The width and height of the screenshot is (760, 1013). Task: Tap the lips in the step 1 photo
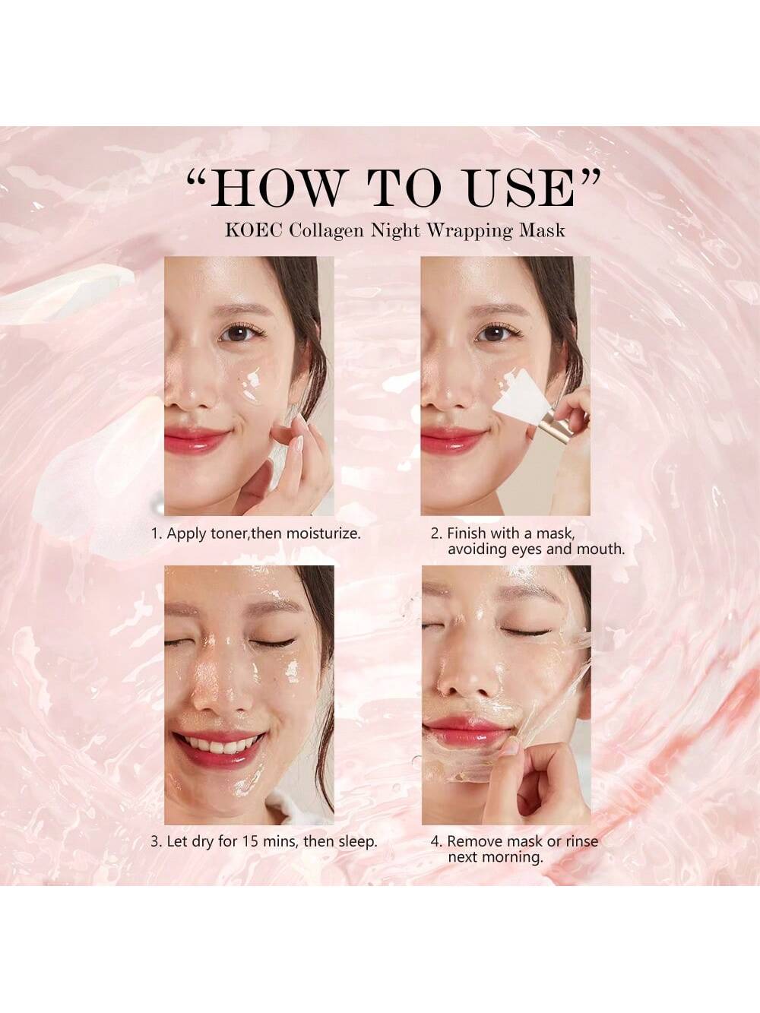[x=197, y=438]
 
